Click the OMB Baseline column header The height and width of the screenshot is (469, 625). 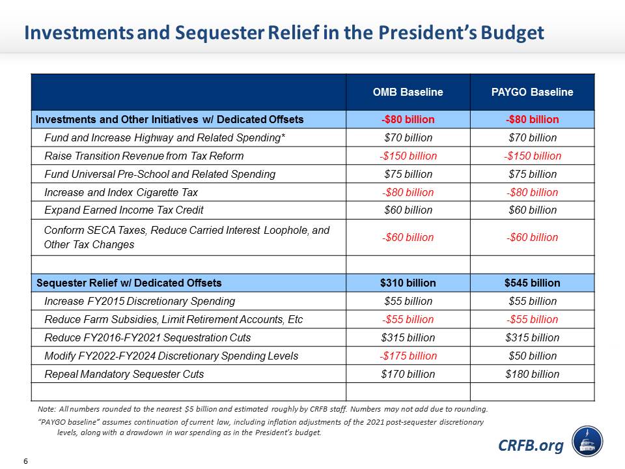coord(408,92)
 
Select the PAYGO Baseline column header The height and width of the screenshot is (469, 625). coord(532,92)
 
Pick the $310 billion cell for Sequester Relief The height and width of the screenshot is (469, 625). coord(408,283)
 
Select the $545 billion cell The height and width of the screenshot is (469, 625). coord(532,283)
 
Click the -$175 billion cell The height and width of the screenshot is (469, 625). coord(408,356)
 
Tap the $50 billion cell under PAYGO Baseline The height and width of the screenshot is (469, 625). coord(532,356)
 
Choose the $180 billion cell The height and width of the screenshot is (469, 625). coord(532,374)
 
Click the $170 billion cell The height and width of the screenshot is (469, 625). coord(408,374)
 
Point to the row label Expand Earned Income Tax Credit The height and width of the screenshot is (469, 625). coord(124,210)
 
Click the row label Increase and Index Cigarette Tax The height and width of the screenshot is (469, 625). coord(121,192)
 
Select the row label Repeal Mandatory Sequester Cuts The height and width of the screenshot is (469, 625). coord(124,374)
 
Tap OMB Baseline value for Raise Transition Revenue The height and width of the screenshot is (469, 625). coord(408,156)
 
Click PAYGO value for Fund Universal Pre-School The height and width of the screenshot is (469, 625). coord(532,174)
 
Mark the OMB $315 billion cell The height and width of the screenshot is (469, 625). coord(408,337)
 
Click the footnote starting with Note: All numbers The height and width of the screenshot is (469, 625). coord(262,409)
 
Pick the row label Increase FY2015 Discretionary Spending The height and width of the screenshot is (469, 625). coord(139,301)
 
